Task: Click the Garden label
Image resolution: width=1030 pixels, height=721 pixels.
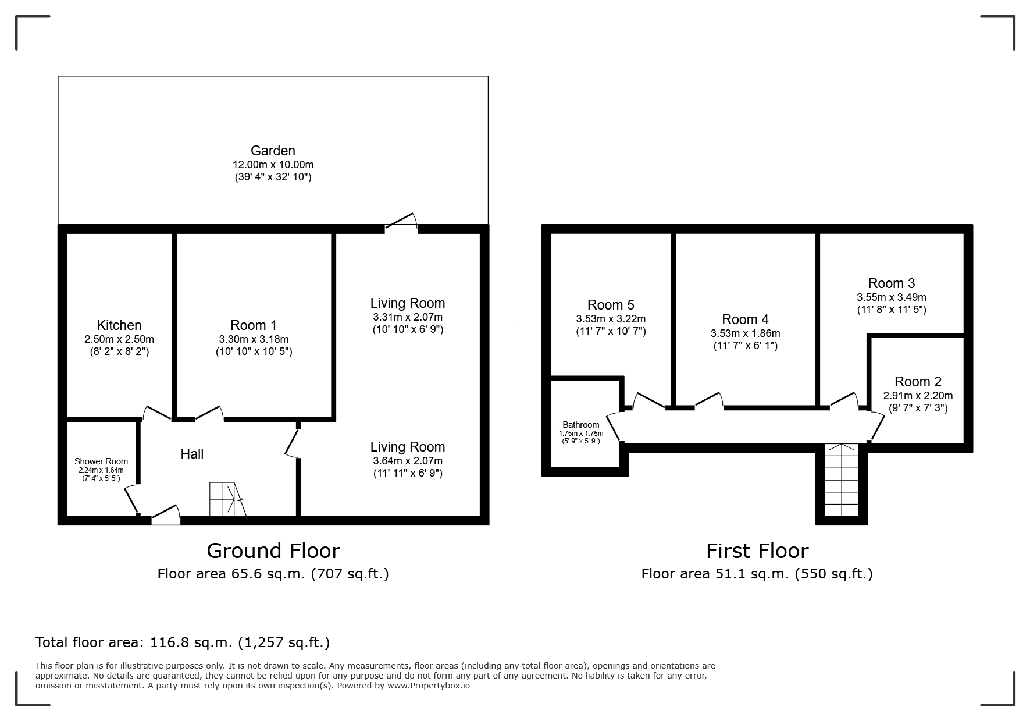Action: click(273, 151)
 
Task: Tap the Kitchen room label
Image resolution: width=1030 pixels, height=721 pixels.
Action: click(119, 325)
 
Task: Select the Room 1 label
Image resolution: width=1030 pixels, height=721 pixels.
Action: click(254, 325)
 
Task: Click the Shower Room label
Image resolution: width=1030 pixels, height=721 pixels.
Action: click(101, 461)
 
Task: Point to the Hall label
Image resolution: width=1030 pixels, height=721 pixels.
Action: click(192, 454)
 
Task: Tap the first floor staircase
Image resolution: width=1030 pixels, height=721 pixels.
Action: click(841, 480)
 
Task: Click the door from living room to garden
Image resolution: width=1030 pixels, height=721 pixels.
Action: click(401, 223)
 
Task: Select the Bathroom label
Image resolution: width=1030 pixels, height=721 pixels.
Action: click(581, 425)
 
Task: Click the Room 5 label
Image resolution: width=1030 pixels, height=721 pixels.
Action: click(611, 305)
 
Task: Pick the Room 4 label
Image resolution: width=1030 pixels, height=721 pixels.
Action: click(745, 319)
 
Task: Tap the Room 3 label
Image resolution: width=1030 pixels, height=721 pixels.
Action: click(892, 283)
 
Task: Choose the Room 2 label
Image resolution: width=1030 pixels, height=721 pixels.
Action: click(918, 382)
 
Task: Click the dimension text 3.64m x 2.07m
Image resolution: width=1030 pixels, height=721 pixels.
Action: click(408, 461)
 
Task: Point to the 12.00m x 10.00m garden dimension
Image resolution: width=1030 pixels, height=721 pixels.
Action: click(273, 165)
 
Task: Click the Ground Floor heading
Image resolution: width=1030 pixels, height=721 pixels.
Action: click(273, 550)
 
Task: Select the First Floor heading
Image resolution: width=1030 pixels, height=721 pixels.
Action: click(757, 550)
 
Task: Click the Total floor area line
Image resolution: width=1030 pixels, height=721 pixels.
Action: click(183, 642)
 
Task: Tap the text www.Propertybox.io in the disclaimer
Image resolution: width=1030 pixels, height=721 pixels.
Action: click(429, 686)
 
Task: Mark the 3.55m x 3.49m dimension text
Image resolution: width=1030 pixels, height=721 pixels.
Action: click(892, 297)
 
